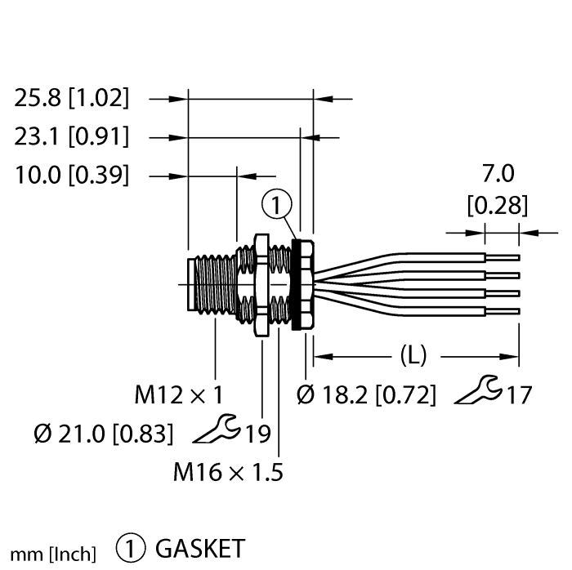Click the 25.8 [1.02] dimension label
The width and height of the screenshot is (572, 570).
pos(72,99)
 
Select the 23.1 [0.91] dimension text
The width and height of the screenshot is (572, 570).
pos(72,137)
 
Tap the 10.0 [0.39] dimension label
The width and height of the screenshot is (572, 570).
pos(72,175)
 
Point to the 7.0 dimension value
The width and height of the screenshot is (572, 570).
pos(498,174)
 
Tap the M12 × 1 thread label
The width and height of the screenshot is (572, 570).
pos(179,396)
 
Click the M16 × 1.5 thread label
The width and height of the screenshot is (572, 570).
pos(228,472)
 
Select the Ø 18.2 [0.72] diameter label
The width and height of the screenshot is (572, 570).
pos(367,396)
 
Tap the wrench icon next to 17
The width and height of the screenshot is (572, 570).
pos(477,392)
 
